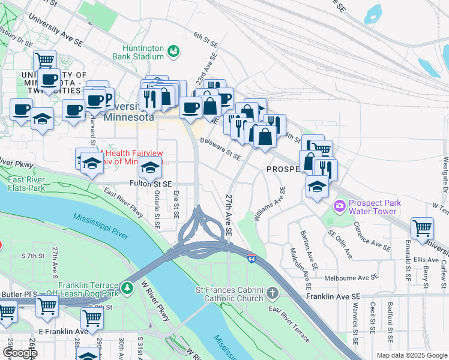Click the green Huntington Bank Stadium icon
173,51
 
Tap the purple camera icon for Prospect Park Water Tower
340,206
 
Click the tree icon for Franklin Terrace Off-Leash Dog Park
127,289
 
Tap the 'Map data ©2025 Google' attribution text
411,355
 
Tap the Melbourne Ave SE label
351,278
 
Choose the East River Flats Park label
26,183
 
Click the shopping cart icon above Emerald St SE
422,229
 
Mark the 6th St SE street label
205,39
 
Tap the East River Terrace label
289,323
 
